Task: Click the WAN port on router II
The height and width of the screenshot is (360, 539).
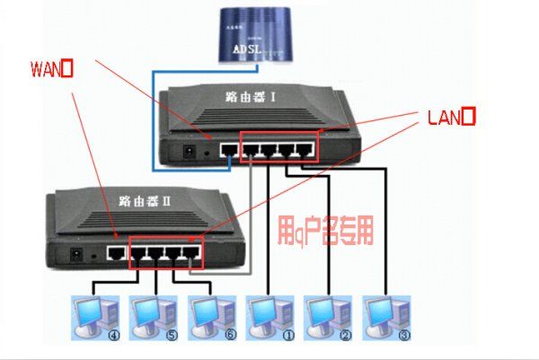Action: click(x=117, y=254)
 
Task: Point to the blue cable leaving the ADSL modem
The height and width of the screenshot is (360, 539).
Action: click(x=154, y=117)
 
